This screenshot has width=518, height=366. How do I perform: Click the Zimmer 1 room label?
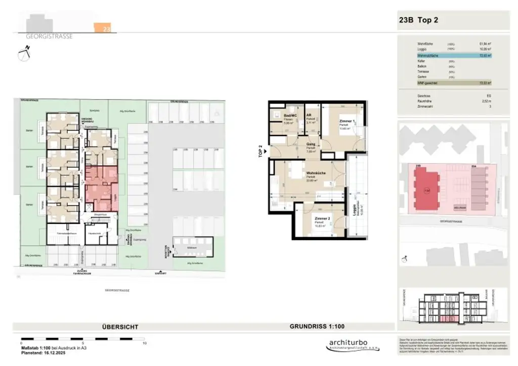tap(346, 122)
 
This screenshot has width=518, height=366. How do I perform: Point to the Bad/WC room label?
tap(290, 115)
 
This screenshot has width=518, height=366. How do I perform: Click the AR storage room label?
tap(309, 115)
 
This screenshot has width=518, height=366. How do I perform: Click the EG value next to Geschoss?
tap(488, 95)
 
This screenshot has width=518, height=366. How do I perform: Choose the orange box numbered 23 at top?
tap(106, 28)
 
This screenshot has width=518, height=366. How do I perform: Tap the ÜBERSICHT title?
tap(120, 327)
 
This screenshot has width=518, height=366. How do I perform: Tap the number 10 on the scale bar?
tap(144, 343)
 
